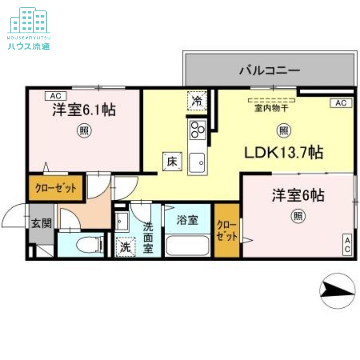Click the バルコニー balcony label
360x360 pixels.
pyautogui.click(x=270, y=70)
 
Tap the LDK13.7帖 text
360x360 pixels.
pyautogui.click(x=283, y=153)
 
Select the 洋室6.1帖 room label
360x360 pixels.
pyautogui.click(x=84, y=109)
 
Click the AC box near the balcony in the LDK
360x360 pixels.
pyautogui.click(x=341, y=103)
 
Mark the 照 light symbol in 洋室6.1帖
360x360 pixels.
pyautogui.click(x=84, y=131)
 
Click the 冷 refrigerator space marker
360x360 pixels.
pyautogui.click(x=197, y=100)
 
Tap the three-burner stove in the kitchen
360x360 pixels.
pyautogui.click(x=197, y=130)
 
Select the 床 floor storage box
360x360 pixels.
pyautogui.click(x=171, y=161)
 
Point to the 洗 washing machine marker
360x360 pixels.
pyautogui.click(x=124, y=247)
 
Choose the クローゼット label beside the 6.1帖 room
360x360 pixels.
pyautogui.click(x=56, y=188)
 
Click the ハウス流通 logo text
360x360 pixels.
pyautogui.click(x=28, y=46)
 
